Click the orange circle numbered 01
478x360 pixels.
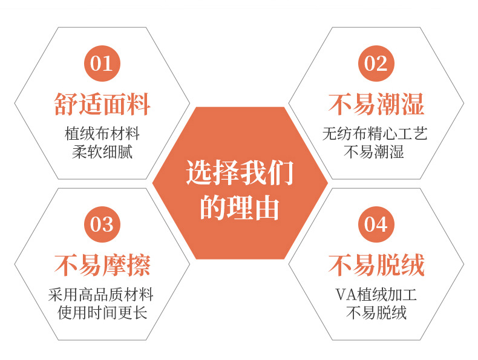click(x=102, y=63)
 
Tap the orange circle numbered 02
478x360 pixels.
click(x=376, y=63)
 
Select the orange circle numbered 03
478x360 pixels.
click(x=102, y=224)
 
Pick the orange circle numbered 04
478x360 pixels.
click(x=376, y=224)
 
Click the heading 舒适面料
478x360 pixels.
click(x=102, y=104)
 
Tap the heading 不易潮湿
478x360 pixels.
click(x=376, y=104)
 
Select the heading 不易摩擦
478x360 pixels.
click(x=102, y=265)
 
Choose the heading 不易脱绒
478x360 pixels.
click(x=376, y=265)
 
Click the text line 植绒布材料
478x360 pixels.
click(x=102, y=133)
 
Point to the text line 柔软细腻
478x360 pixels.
click(x=102, y=151)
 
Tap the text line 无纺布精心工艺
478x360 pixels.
click(x=375, y=133)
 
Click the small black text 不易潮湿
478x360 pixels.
click(x=375, y=151)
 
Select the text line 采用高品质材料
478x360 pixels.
click(x=101, y=295)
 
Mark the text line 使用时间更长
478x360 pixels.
click(x=102, y=313)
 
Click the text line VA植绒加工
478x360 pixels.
click(x=375, y=295)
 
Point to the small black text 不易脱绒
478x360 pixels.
click(x=375, y=313)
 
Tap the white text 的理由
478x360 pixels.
click(x=240, y=207)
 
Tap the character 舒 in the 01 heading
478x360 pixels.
click(x=65, y=104)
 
